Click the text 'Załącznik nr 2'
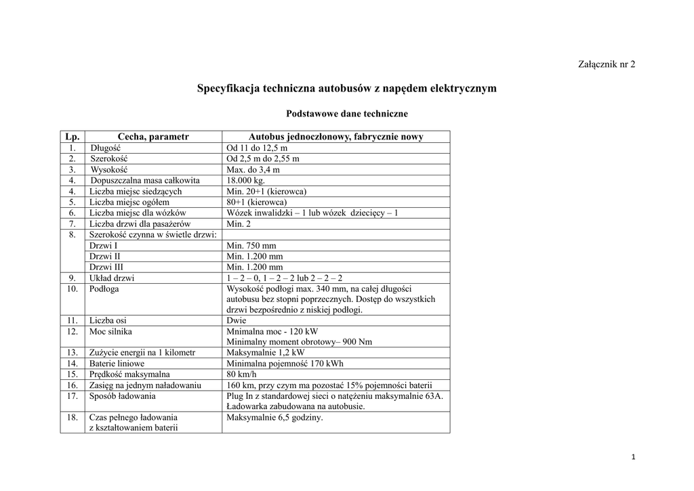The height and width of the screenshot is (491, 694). click(607, 64)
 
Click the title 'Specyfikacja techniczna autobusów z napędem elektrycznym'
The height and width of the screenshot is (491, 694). click(346, 88)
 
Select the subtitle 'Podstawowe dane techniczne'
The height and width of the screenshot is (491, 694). click(347, 114)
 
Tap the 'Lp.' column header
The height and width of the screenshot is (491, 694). click(71, 137)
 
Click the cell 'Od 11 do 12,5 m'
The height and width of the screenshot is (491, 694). click(257, 148)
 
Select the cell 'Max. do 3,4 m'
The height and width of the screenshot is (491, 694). click(253, 169)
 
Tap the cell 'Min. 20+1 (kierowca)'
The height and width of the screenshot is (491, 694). click(267, 191)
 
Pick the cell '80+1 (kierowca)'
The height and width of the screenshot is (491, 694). click(257, 202)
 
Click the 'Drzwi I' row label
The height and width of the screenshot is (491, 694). click(103, 245)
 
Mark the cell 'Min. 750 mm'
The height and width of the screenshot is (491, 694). click(251, 245)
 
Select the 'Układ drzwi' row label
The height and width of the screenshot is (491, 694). click(112, 278)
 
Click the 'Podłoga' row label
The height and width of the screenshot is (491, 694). click(104, 289)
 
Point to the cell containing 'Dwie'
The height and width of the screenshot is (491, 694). click(237, 320)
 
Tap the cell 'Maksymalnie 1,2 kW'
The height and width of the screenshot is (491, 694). click(265, 353)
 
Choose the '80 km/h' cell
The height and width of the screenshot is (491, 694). click(242, 375)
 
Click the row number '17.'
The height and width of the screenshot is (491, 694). click(72, 396)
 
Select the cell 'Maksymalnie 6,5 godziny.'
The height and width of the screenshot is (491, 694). click(274, 418)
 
